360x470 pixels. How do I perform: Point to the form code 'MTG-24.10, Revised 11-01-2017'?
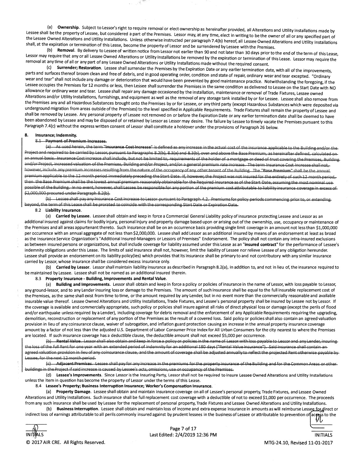[x=298, y=442]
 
